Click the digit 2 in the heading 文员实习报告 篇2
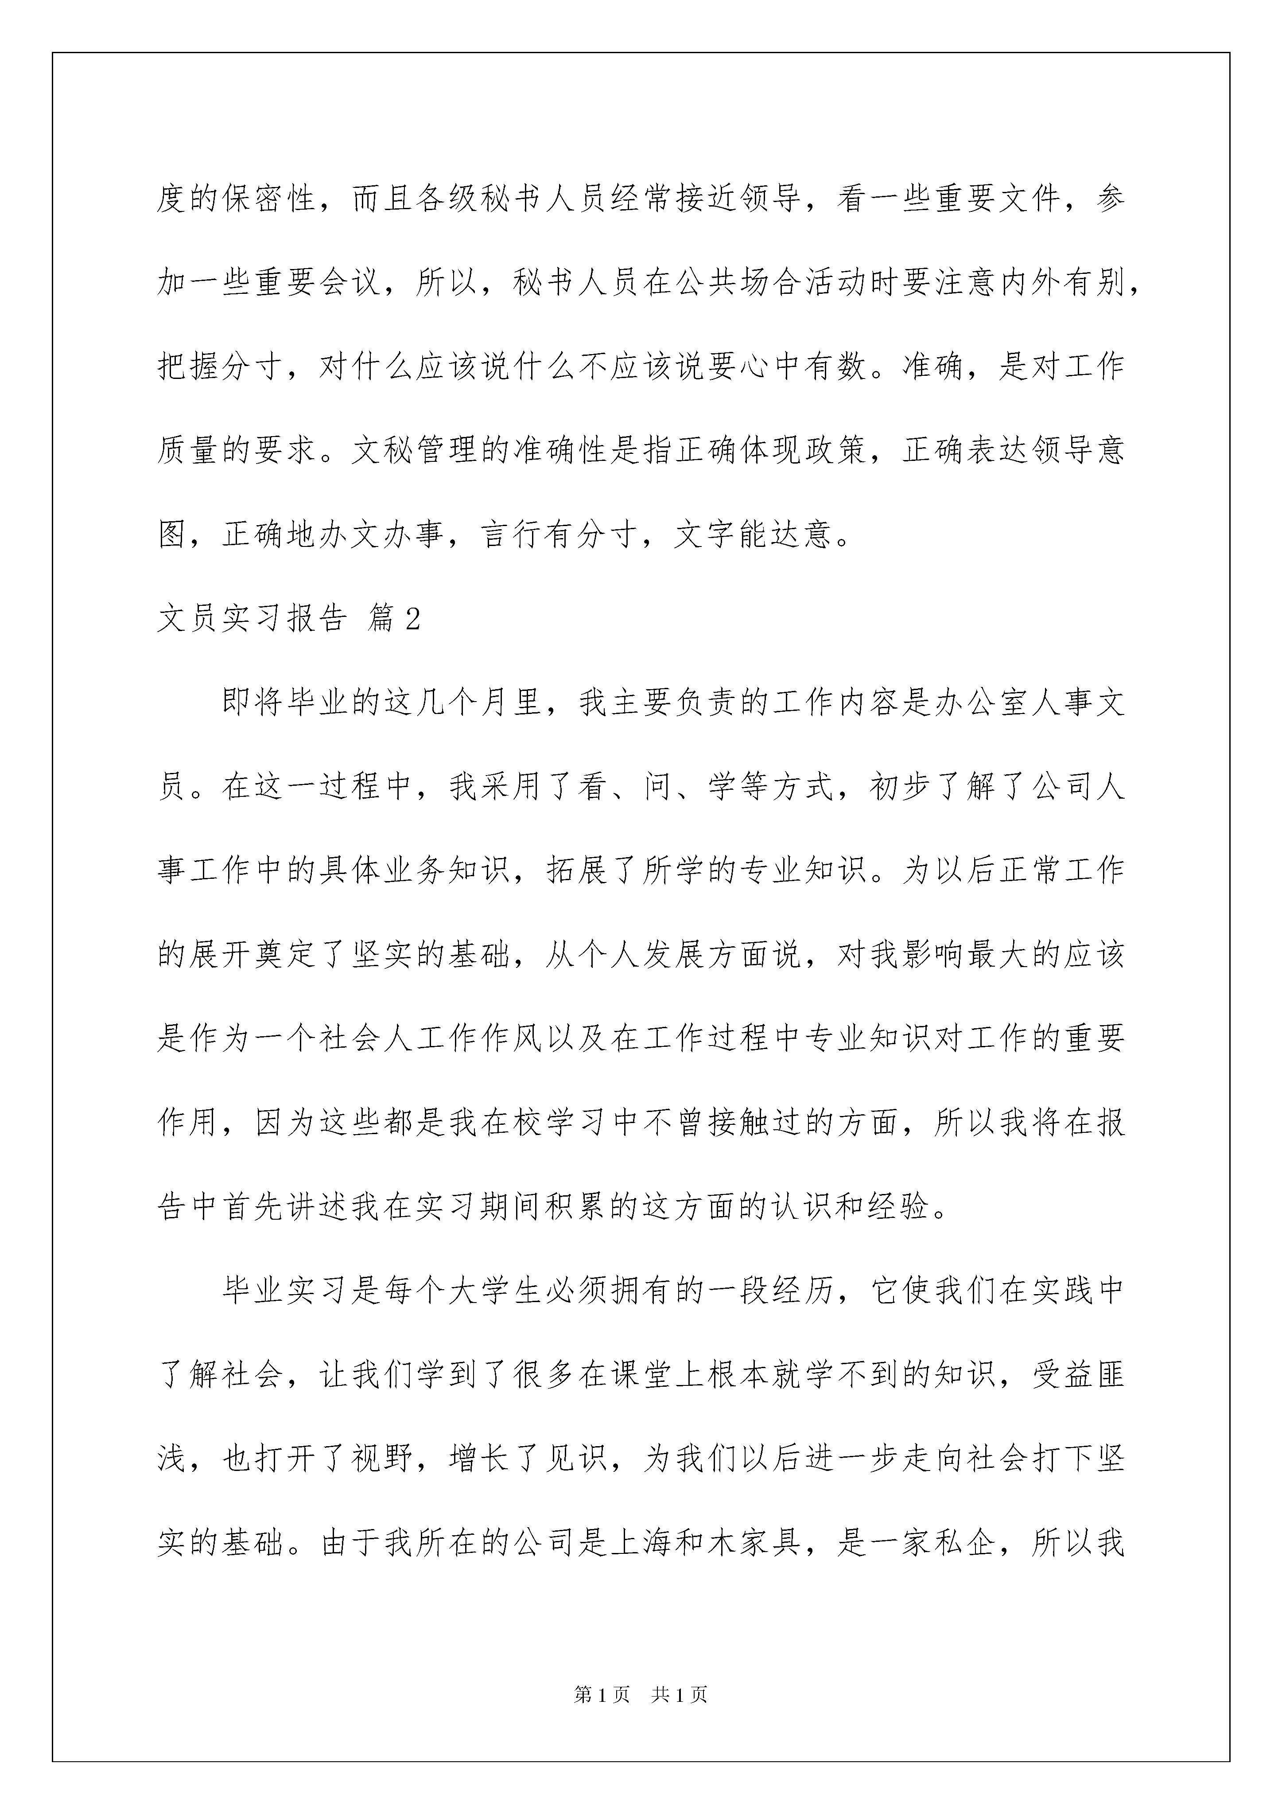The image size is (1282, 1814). pyautogui.click(x=412, y=620)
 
